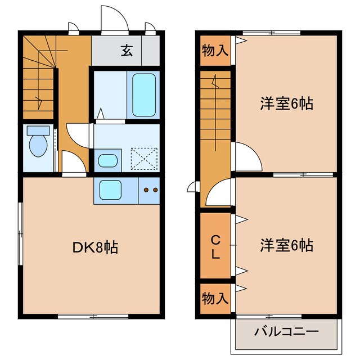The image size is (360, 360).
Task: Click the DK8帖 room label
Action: tap(94, 247)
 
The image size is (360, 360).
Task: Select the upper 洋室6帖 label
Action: tap(286, 104)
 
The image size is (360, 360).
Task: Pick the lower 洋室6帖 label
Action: tap(286, 246)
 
